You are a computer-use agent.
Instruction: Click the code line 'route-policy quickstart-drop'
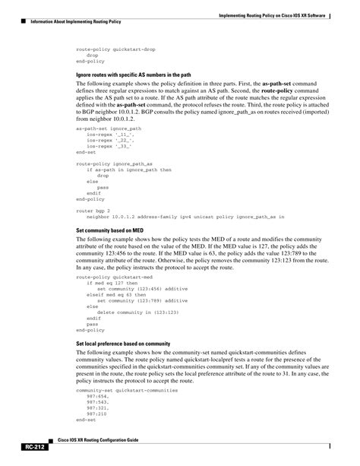pos(115,49)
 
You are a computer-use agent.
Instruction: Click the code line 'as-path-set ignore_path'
pos(109,128)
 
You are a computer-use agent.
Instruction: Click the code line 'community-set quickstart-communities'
pos(127,389)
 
